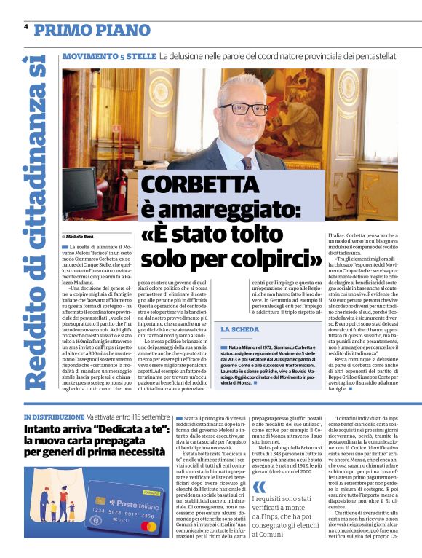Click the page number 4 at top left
[26, 26]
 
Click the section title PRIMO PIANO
[81, 30]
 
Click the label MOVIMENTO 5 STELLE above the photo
[109, 56]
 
